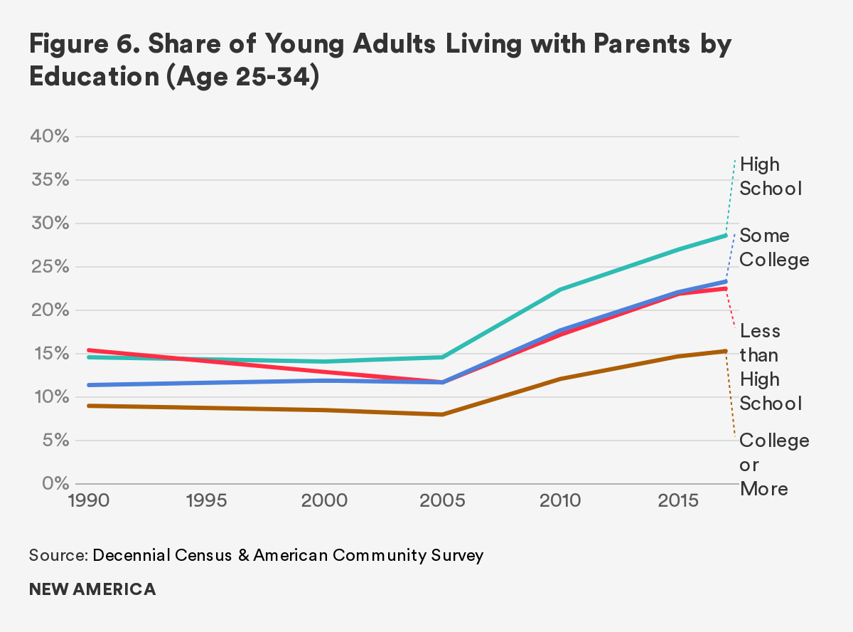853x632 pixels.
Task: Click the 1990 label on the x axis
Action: click(89, 500)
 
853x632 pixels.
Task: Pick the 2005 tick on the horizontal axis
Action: click(443, 500)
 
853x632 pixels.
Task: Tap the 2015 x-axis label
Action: click(679, 500)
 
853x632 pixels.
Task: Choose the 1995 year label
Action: click(207, 500)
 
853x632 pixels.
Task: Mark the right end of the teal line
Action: click(726, 235)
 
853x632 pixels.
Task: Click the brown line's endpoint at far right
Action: click(726, 351)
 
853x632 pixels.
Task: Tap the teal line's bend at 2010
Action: click(561, 290)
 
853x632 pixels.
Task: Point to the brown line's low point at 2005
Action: click(443, 414)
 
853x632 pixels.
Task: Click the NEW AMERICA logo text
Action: click(92, 590)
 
